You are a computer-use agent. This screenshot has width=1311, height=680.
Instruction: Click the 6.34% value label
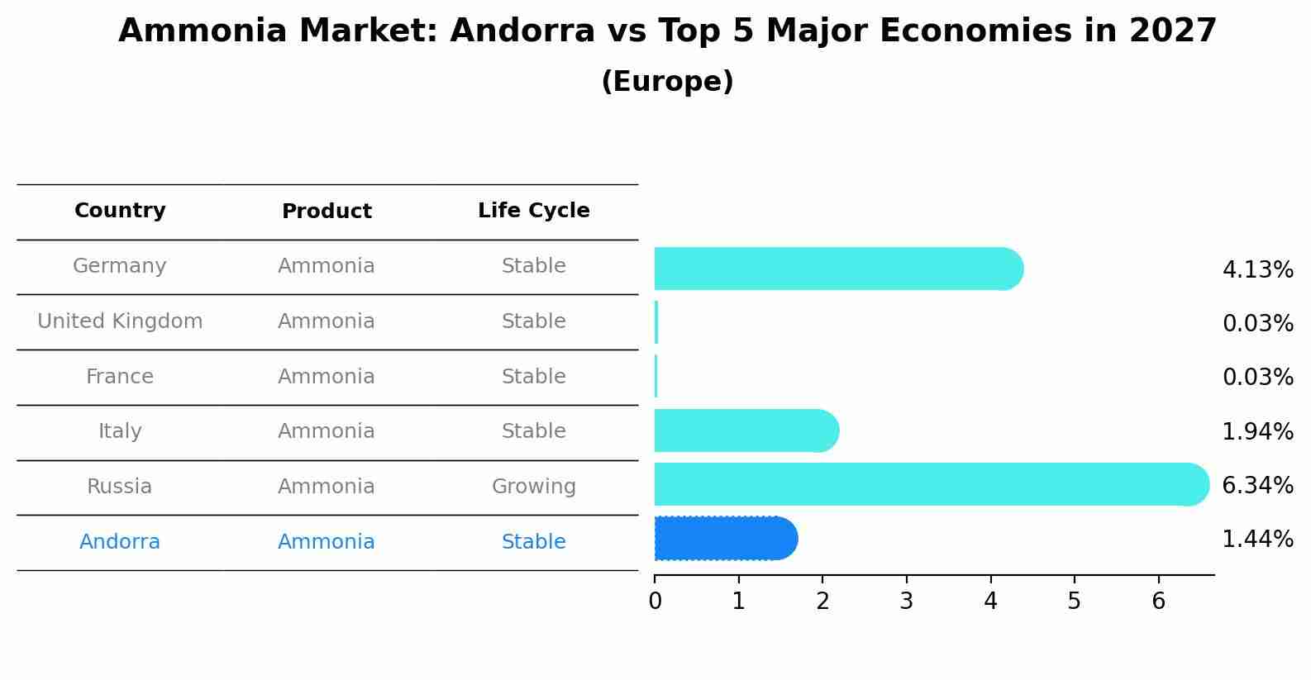(x=1257, y=485)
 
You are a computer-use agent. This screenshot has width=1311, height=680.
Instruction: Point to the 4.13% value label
(x=1257, y=269)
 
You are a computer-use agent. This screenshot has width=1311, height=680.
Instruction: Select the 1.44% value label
(x=1257, y=539)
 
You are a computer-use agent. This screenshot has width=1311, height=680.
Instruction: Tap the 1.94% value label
(x=1257, y=431)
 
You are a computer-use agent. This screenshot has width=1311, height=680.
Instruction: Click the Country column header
(x=120, y=211)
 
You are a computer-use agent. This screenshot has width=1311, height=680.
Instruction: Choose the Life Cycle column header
(x=533, y=211)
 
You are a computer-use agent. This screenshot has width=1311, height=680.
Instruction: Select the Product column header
(x=327, y=212)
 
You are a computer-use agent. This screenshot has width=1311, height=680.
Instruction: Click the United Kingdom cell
(x=120, y=321)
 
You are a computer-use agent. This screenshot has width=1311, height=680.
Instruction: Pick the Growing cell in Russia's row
(x=533, y=487)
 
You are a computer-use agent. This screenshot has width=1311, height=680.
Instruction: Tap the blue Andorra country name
(x=120, y=542)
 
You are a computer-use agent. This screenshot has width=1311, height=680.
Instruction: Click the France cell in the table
(x=120, y=377)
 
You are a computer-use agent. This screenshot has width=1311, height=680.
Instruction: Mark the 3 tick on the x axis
(x=906, y=602)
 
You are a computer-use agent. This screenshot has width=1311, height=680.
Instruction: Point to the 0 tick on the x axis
(x=655, y=602)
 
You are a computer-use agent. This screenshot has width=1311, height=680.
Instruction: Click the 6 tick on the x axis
(x=1158, y=602)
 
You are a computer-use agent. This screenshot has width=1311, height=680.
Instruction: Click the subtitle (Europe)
(x=667, y=82)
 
